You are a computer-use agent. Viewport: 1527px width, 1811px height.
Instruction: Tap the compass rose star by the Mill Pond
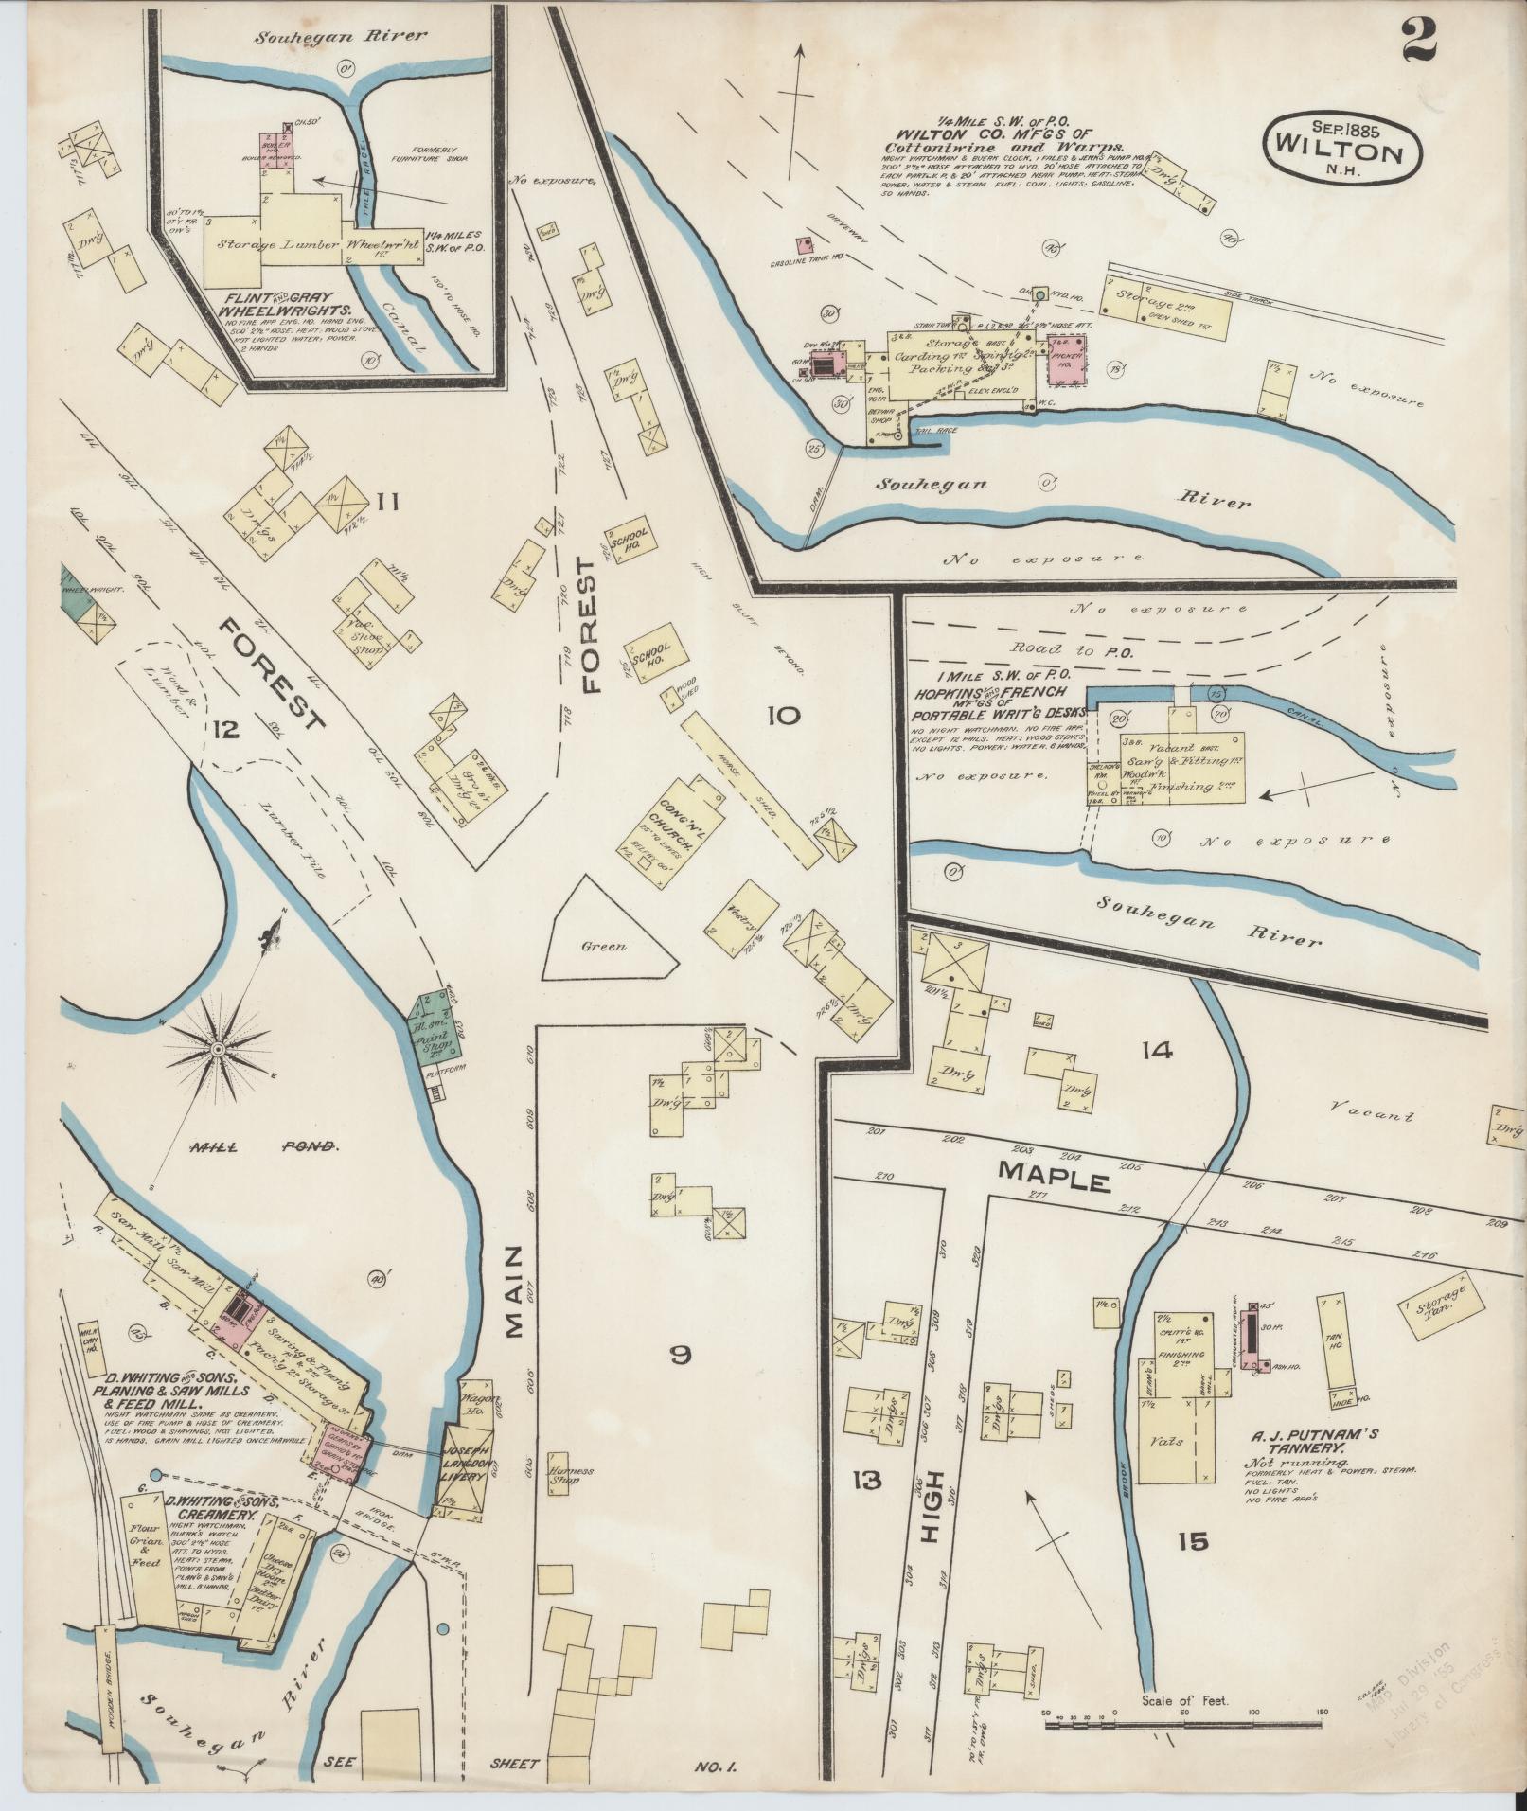point(219,1050)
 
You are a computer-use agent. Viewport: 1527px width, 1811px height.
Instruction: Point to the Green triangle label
point(604,946)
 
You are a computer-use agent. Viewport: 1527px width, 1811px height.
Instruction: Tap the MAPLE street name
point(1053,1179)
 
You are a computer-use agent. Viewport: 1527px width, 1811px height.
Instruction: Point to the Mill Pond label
point(263,1146)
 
